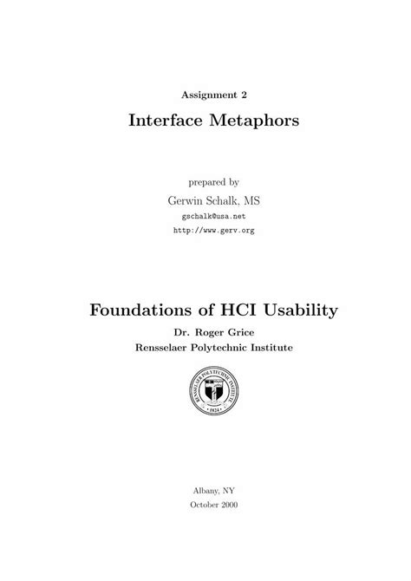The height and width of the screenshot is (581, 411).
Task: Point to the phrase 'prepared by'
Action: point(213,182)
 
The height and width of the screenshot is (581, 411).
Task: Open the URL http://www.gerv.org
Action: point(213,231)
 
